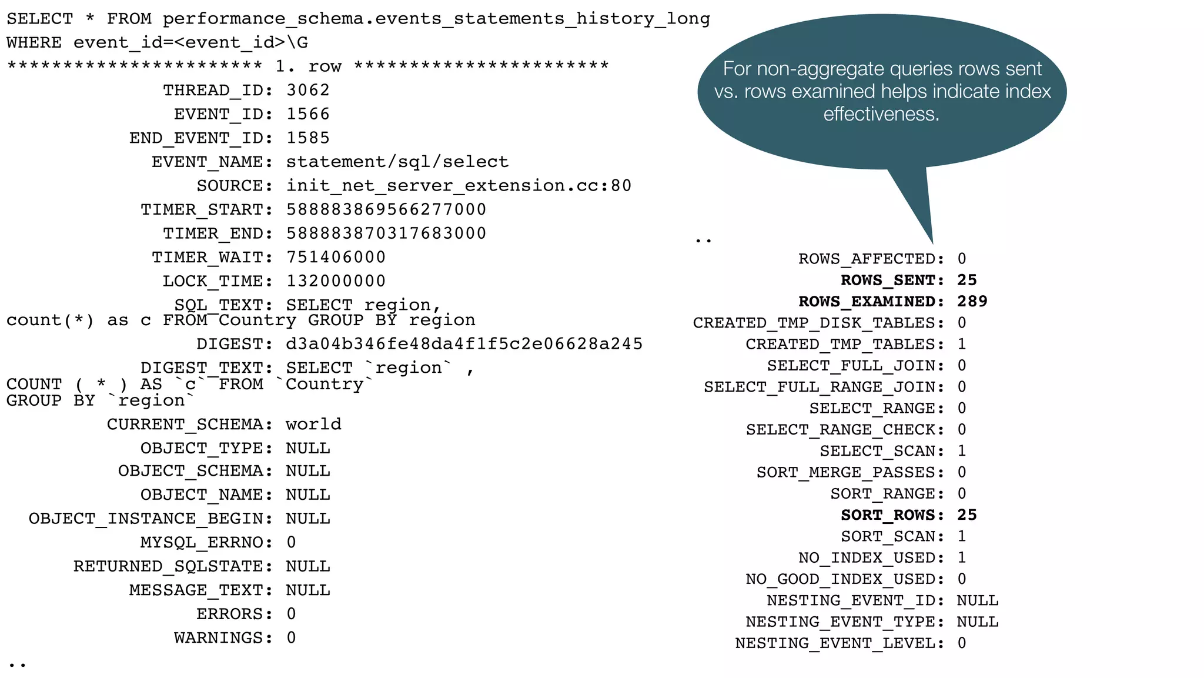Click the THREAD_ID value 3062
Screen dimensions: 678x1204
point(307,91)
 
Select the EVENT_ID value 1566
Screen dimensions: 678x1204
point(307,114)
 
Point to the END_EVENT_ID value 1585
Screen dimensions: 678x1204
point(307,138)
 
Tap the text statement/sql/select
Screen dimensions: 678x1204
point(397,162)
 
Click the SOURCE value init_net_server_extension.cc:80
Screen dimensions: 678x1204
point(459,186)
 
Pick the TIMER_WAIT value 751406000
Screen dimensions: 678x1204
point(336,258)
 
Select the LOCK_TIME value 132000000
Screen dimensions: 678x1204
point(336,282)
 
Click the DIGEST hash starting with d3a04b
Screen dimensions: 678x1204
point(464,344)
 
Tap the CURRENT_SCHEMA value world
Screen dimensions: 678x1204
point(313,425)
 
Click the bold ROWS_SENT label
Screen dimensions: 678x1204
point(892,280)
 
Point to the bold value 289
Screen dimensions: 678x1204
point(972,302)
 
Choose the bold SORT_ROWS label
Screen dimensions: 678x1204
point(892,515)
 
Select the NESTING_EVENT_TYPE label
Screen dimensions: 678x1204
point(845,622)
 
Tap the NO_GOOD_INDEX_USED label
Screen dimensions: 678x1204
point(845,579)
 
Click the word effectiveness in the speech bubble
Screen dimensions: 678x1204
point(881,114)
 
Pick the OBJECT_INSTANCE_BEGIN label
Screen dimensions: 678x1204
point(150,519)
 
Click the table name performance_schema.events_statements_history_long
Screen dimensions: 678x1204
point(436,19)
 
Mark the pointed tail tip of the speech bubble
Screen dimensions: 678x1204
point(932,243)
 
